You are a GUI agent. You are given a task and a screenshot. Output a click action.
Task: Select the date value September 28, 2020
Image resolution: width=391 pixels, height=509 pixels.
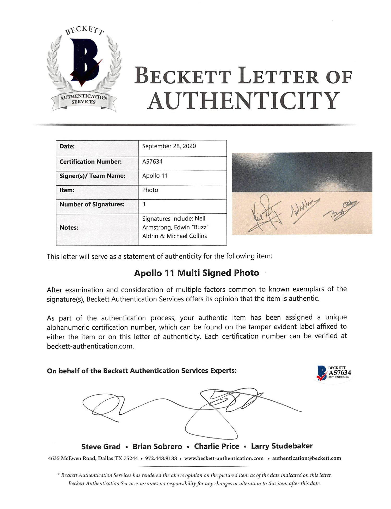[x=169, y=146]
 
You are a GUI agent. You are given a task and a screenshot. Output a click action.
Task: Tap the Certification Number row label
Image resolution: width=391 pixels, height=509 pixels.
[x=90, y=162]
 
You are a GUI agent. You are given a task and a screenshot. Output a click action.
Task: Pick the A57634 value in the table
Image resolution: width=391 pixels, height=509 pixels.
[x=152, y=162]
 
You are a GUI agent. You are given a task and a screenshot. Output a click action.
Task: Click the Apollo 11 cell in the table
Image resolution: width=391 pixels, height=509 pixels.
[x=155, y=176]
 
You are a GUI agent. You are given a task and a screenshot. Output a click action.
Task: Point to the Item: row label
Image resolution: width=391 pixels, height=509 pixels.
[x=67, y=190]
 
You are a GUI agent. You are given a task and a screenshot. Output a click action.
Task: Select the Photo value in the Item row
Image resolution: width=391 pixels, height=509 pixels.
[x=150, y=190]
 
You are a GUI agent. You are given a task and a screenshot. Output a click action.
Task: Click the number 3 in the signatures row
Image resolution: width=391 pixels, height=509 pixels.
[x=144, y=204]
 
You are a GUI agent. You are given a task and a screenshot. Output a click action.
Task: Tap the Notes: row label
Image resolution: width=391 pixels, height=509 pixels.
[x=69, y=228]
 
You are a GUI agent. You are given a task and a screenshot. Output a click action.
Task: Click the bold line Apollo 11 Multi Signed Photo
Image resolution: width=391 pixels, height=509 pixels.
[x=196, y=273]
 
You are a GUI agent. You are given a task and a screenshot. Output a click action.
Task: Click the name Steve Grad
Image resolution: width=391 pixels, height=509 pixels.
[x=101, y=447]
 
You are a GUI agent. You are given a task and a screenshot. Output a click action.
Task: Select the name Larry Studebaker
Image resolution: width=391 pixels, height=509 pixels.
[x=282, y=446]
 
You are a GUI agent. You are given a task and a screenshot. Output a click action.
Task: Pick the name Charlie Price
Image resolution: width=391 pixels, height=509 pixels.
[x=216, y=446]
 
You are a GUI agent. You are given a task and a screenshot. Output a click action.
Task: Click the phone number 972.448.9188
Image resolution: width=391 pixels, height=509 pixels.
[x=161, y=458]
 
